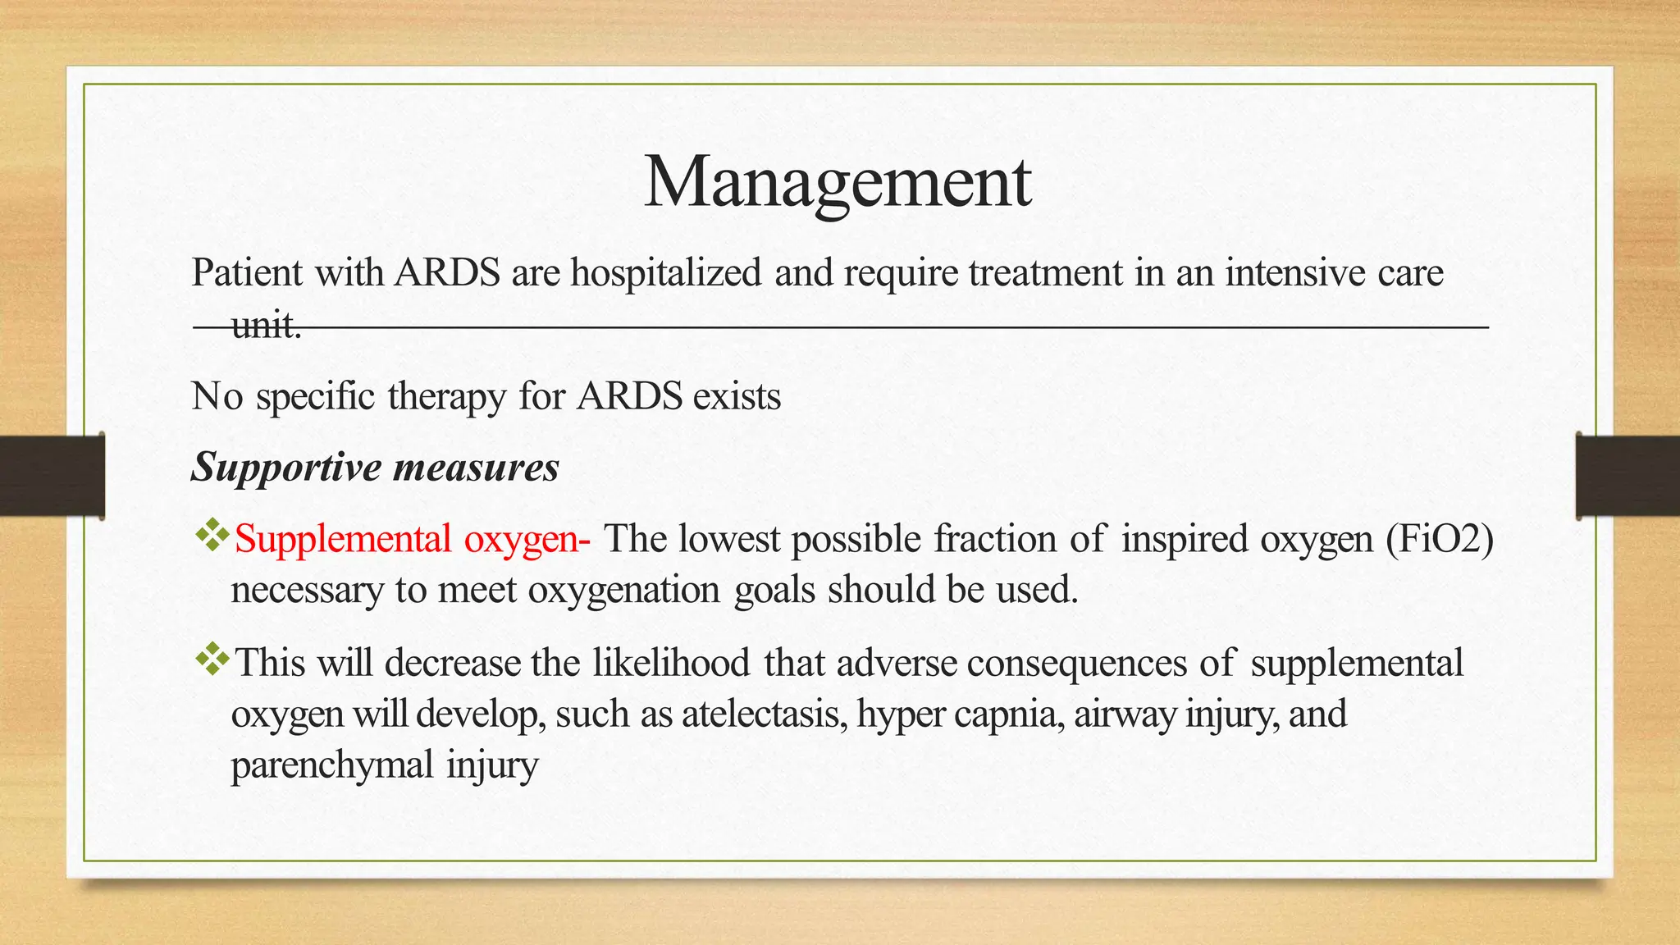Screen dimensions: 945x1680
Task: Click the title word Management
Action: [x=838, y=182]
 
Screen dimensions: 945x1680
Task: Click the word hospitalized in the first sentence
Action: [x=666, y=272]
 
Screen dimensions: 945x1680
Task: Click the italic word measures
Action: [x=476, y=468]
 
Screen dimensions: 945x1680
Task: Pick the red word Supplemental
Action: [x=343, y=540]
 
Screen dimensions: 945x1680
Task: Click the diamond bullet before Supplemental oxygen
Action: [x=212, y=536]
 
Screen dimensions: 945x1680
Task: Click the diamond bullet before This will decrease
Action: [x=212, y=659]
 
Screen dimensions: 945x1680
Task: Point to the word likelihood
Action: [x=671, y=663]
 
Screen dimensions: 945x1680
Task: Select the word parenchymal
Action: [x=331, y=765]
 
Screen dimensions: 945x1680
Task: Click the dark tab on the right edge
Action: [x=1627, y=476]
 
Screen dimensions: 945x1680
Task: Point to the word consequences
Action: [x=1076, y=663]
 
